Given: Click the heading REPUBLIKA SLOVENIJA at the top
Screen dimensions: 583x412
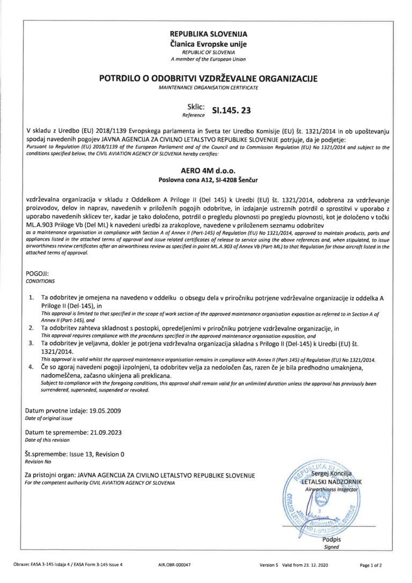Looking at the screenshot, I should tap(209, 34).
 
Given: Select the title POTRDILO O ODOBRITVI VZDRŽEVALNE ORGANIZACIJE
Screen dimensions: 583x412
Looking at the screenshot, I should tap(209, 78).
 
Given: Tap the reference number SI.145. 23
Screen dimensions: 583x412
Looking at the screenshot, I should tap(231, 112).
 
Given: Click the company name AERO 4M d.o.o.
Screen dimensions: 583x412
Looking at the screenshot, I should tap(209, 170).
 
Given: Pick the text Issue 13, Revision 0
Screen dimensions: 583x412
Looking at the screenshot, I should tap(97, 454).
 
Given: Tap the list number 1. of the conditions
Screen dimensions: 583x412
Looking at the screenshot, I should tap(32, 297).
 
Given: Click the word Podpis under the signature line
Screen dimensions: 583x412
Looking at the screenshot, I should tap(332, 540).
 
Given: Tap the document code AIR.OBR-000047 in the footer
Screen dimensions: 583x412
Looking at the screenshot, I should tap(174, 565).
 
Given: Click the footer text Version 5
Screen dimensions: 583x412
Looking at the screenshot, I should tap(269, 565).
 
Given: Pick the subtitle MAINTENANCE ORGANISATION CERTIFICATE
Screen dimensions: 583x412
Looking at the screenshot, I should tap(209, 87).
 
